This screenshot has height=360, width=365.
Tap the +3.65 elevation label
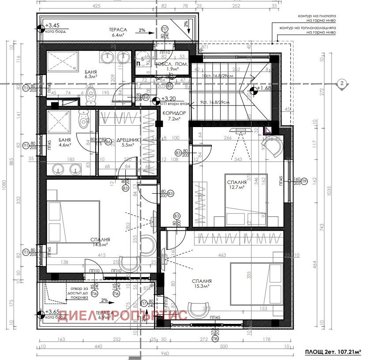click(x=53, y=311)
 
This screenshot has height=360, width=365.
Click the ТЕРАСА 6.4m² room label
click(x=118, y=32)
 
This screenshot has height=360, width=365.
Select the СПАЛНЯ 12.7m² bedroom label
click(x=237, y=184)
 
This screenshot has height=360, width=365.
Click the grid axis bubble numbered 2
click(x=341, y=83)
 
